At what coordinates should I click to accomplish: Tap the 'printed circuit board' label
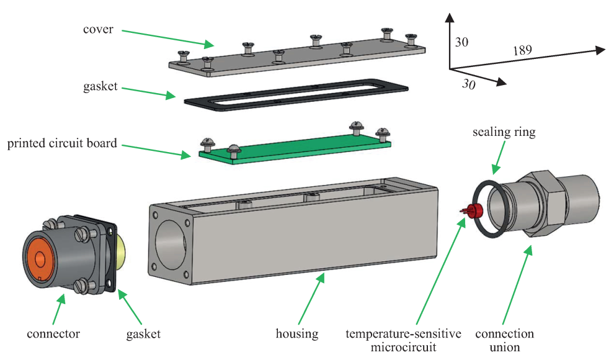(x=62, y=143)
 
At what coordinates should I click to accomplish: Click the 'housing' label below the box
(x=296, y=334)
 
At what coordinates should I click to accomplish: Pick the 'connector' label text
(x=53, y=334)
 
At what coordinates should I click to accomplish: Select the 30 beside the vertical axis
(x=461, y=43)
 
